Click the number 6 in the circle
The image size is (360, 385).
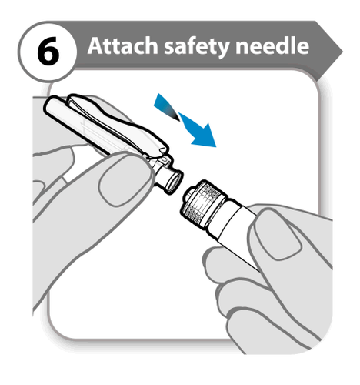(48, 51)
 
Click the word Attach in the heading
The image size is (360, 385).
(122, 45)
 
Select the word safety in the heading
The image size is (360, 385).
(197, 47)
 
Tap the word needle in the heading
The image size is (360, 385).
(272, 45)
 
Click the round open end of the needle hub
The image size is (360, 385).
(175, 181)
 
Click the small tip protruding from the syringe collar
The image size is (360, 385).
(188, 194)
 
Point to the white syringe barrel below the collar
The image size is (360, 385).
(238, 231)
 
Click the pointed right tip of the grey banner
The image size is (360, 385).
(342, 52)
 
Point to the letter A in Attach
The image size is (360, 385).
(95, 46)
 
